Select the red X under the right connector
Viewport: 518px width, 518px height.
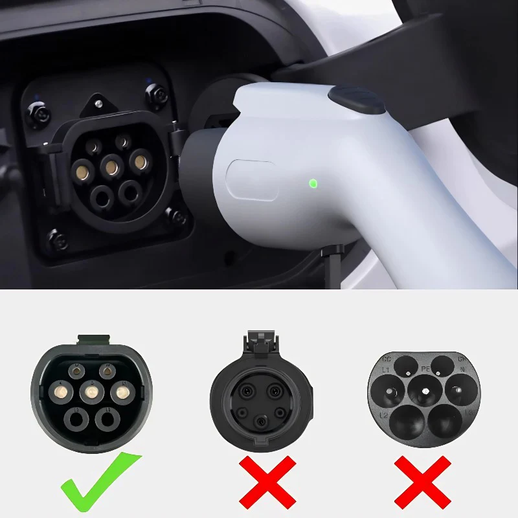pyautogui.click(x=422, y=482)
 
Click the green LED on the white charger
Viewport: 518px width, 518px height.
pyautogui.click(x=313, y=183)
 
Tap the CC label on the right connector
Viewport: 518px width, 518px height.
pyautogui.click(x=387, y=358)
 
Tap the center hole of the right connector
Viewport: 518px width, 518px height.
pyautogui.click(x=425, y=390)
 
